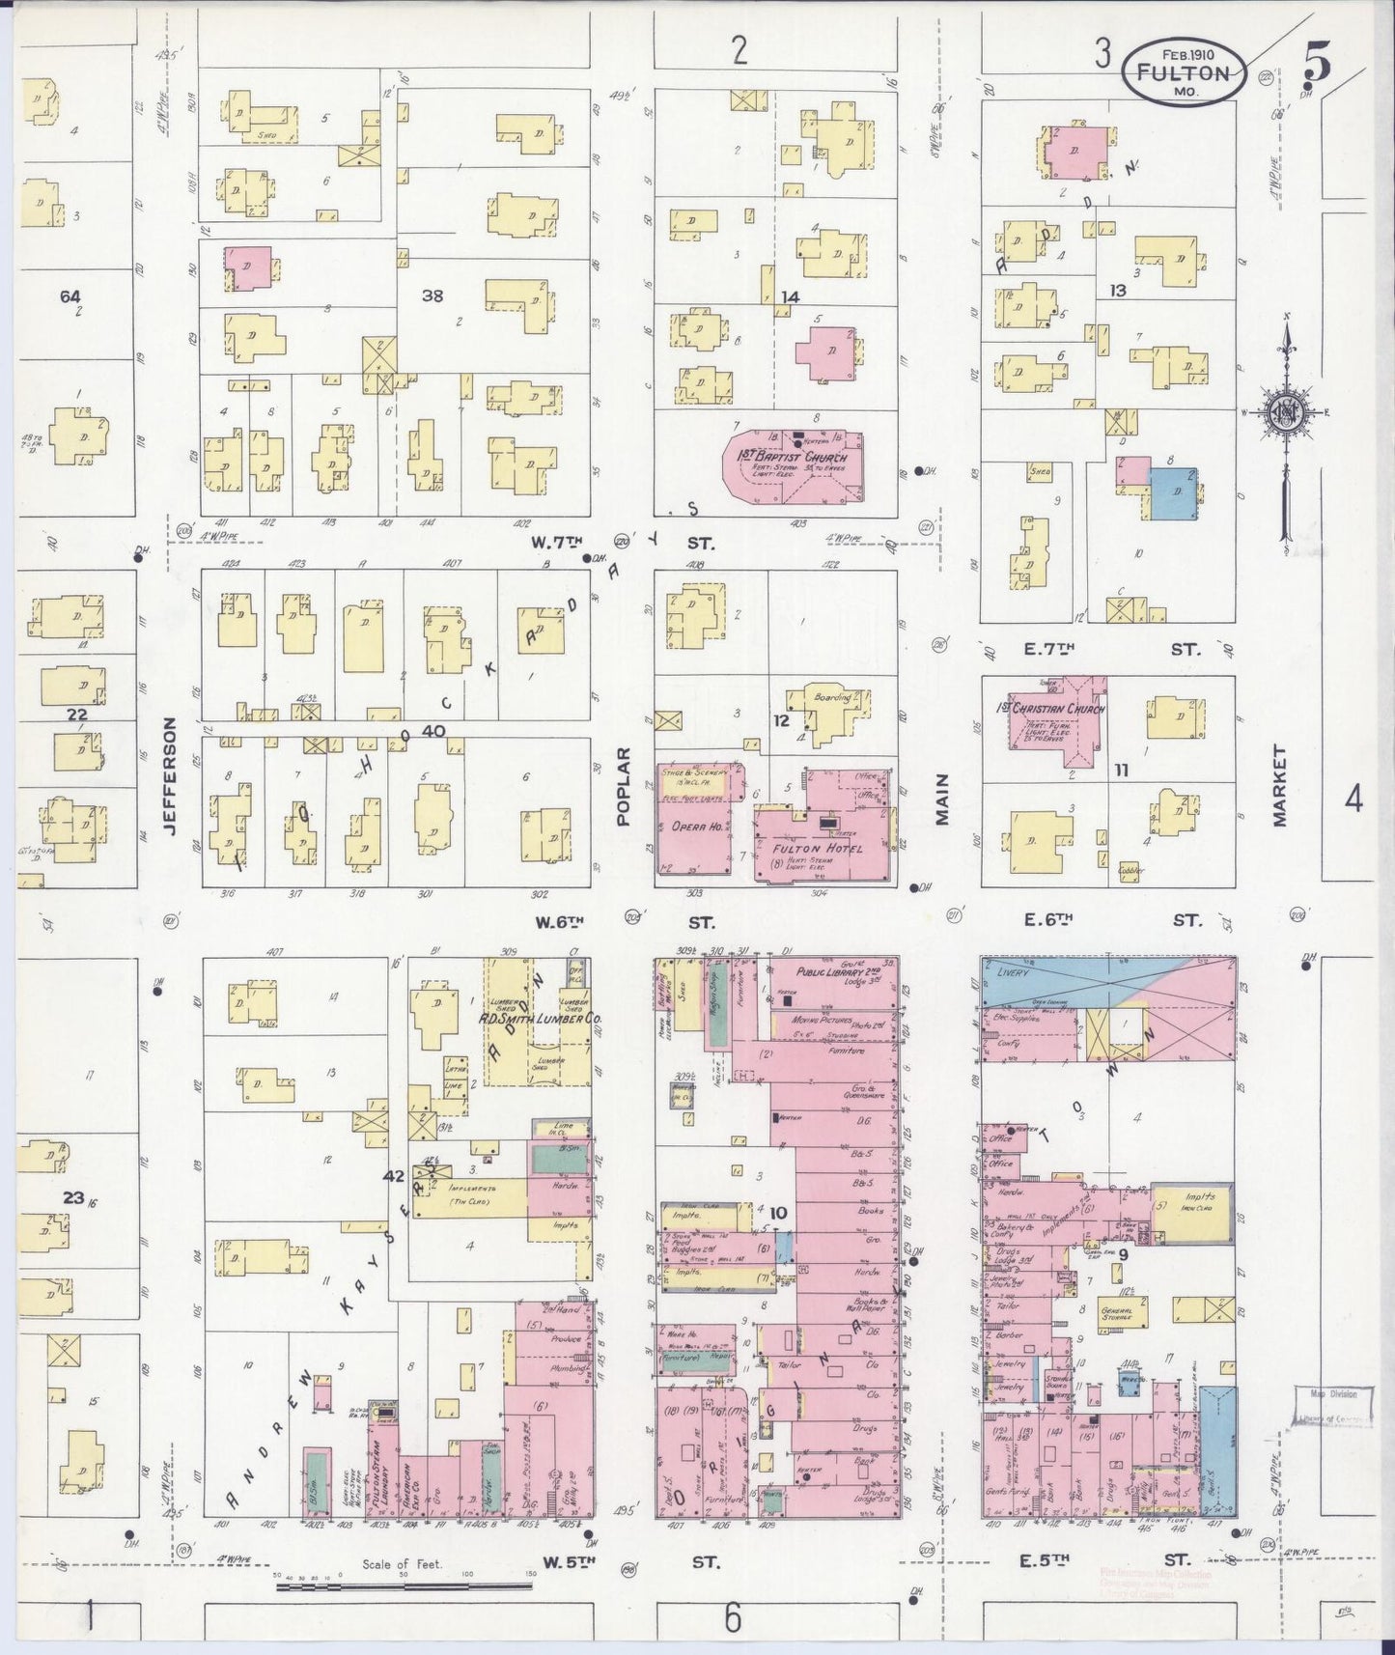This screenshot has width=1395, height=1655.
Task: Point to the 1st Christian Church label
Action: coord(1050,709)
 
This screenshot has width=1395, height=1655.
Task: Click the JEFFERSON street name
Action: coord(172,775)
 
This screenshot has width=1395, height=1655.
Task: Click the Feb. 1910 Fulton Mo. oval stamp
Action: coord(1183,71)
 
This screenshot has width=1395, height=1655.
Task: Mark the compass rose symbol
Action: coord(1286,415)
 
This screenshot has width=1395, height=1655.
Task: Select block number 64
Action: coord(70,296)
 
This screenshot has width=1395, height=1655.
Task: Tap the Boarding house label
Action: coord(832,697)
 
